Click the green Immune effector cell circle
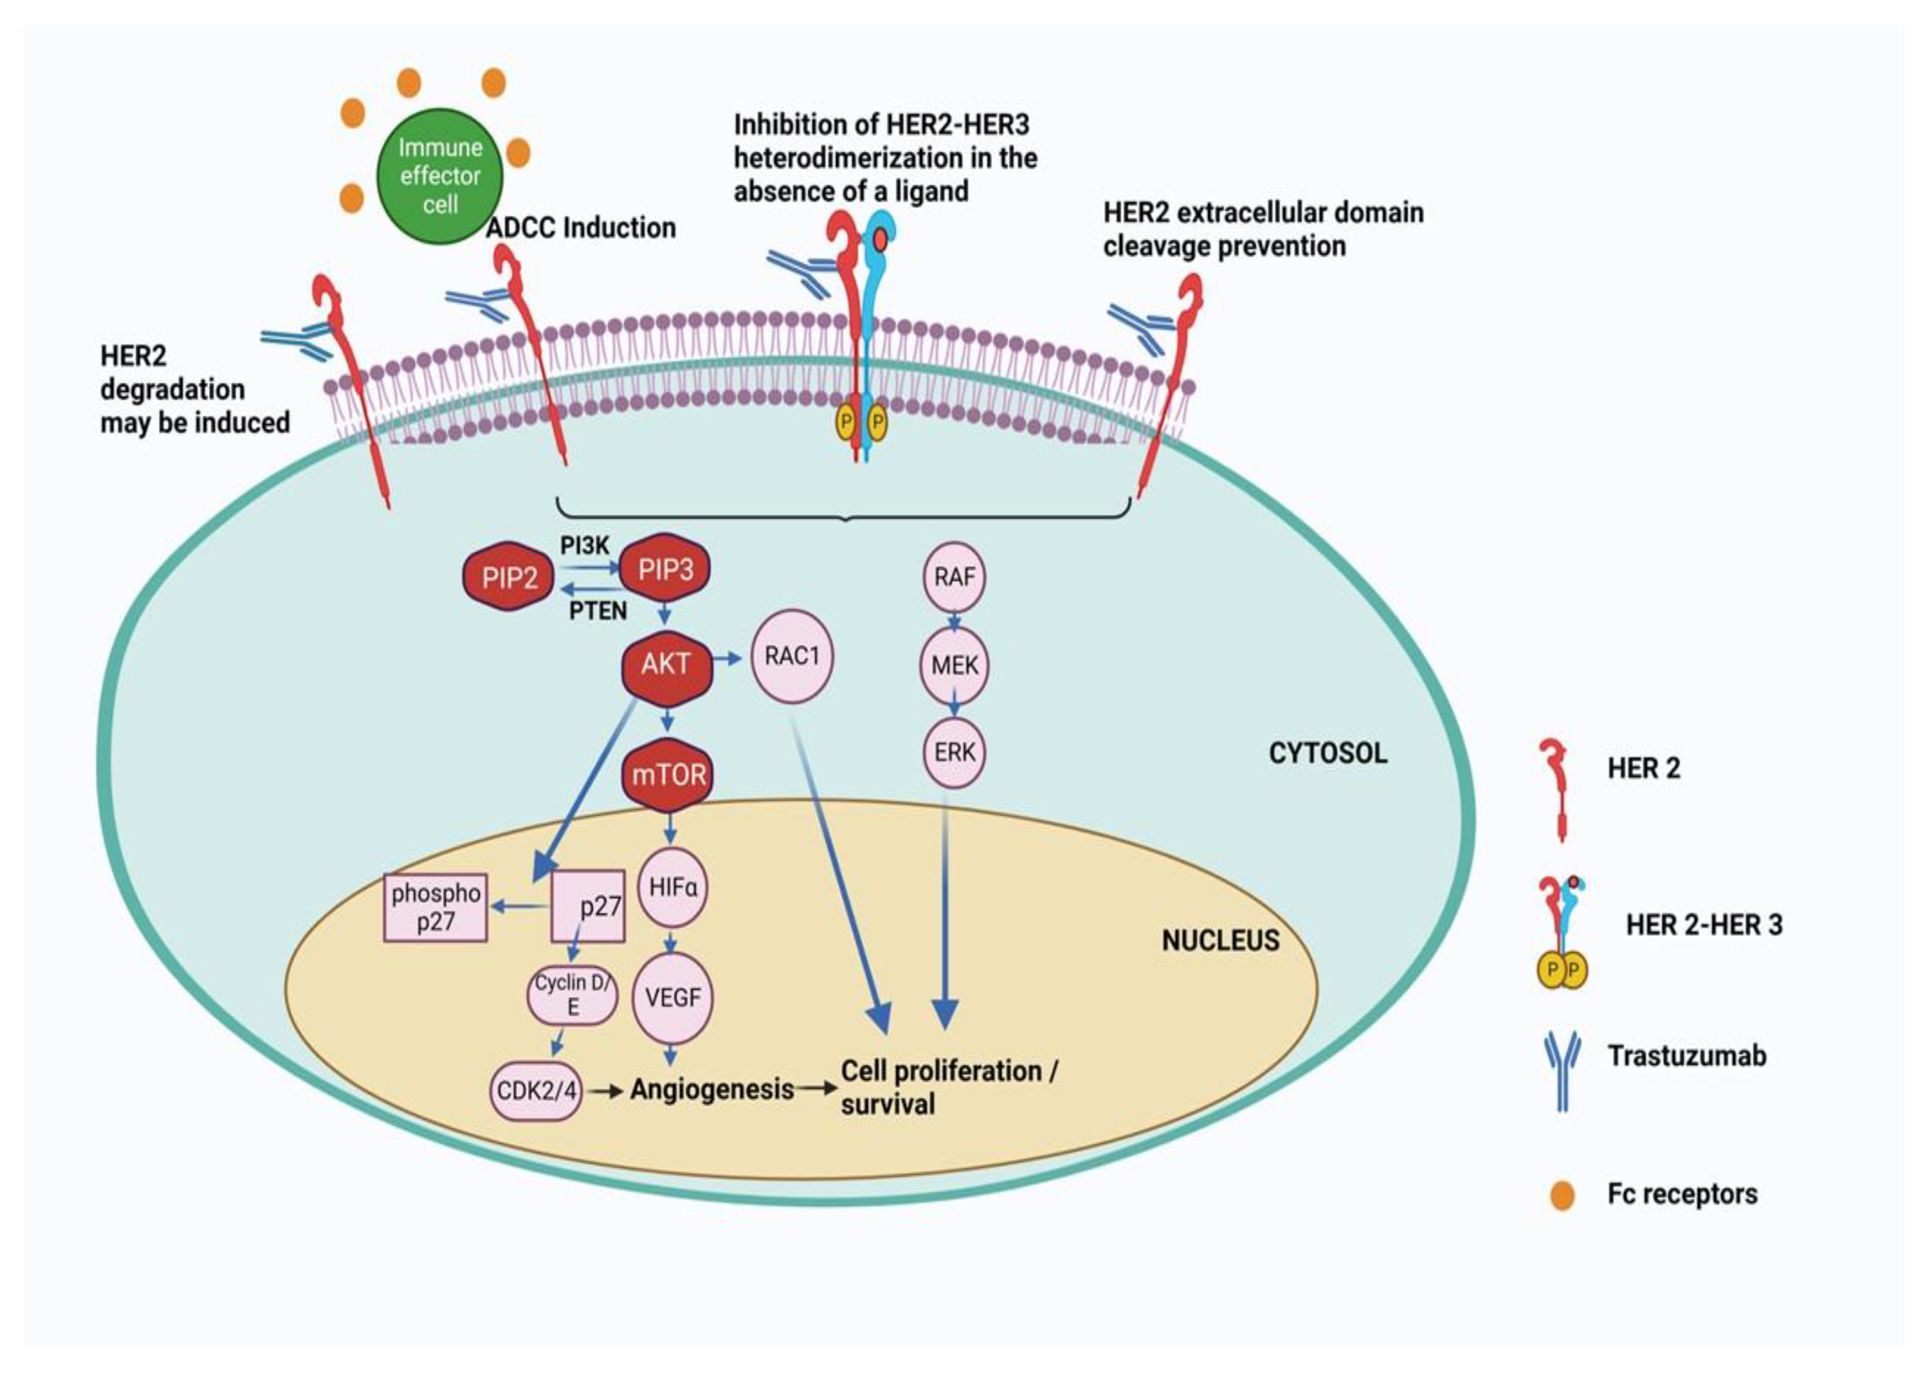[x=439, y=175]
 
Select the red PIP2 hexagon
[x=509, y=578]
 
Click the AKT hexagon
[x=666, y=663]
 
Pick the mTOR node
[x=668, y=774]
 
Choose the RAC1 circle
[x=791, y=656]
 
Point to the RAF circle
[x=954, y=577]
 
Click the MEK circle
[x=954, y=665]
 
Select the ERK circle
[x=954, y=752]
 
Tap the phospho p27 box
[x=436, y=907]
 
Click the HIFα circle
[x=672, y=887]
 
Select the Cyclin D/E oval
[x=572, y=994]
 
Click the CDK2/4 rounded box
[x=536, y=1089]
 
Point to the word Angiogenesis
[x=712, y=1089]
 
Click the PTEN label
[x=597, y=611]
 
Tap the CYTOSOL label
[x=1328, y=753]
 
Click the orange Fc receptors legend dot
[x=1562, y=1195]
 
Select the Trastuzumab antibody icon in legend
[x=1562, y=1070]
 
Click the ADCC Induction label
[x=581, y=227]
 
